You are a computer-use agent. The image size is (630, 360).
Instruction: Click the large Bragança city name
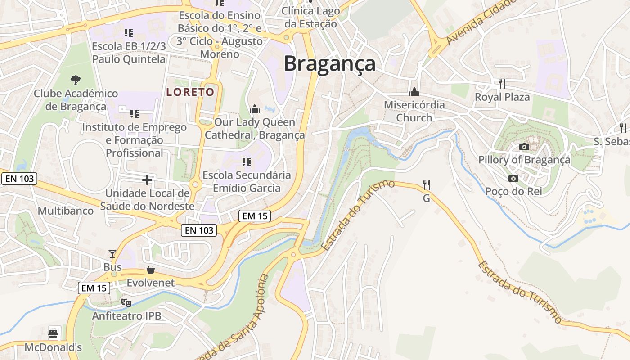coord(329,63)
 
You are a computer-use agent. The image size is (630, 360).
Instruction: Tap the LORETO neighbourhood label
coord(190,92)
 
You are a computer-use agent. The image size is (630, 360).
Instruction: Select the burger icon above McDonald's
coord(53,334)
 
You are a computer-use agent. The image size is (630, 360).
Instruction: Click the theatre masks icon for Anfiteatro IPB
coord(126,302)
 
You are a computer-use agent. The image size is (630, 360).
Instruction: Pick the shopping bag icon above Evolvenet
coord(151,270)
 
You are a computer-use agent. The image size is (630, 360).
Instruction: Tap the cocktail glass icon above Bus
coord(112,254)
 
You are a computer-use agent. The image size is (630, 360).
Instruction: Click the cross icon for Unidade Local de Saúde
coord(147,180)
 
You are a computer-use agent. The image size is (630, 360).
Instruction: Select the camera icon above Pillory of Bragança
coord(524,147)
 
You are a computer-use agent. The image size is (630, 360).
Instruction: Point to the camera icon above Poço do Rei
coord(513,179)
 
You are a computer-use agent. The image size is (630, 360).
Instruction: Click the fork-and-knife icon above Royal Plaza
coord(502,84)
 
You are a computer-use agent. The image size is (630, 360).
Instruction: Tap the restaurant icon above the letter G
coord(427,184)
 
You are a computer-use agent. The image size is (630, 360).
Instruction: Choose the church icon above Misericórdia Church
coord(414,92)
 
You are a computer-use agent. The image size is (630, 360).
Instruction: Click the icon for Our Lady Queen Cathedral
coord(255,109)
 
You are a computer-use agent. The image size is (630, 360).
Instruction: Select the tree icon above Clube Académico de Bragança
coord(76,80)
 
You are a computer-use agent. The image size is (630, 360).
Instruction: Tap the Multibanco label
coord(66,211)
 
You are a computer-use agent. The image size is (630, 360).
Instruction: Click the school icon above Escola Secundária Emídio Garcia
coord(246,162)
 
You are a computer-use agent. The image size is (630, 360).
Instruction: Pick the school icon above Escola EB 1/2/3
coord(129,33)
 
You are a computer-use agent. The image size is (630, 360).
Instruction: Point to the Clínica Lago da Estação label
coord(310,17)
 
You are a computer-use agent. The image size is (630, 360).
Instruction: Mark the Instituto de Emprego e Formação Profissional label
coord(134,140)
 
